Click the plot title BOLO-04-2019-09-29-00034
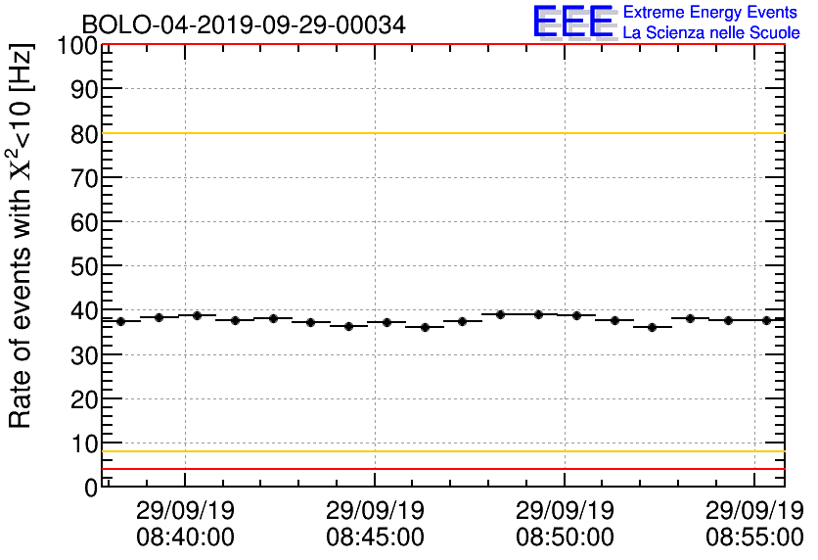(x=243, y=24)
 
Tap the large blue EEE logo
(x=574, y=22)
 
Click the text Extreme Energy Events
(x=710, y=13)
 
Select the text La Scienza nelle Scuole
(x=711, y=33)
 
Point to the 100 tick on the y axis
(x=76, y=45)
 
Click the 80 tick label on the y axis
(x=84, y=133)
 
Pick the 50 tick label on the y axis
(x=84, y=266)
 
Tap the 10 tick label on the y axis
(x=84, y=443)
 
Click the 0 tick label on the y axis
(x=91, y=487)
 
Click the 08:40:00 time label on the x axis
(x=185, y=537)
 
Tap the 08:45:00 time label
(x=375, y=537)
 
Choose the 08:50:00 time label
(x=565, y=537)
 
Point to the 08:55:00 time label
(x=754, y=537)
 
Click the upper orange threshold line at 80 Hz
(x=440, y=133)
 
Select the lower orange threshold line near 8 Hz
(x=440, y=451)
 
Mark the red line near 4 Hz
(x=440, y=469)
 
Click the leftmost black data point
(x=120, y=321)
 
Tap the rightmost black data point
(x=767, y=320)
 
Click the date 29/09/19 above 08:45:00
(x=375, y=511)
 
